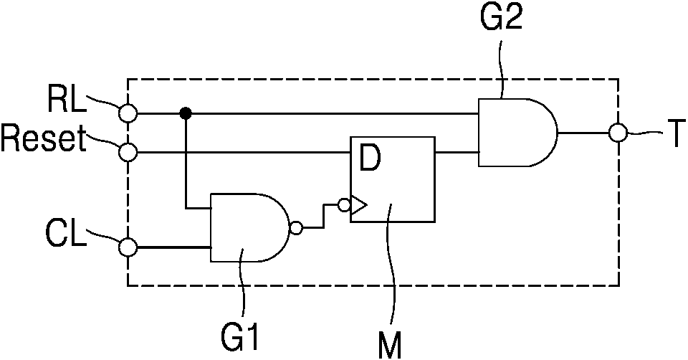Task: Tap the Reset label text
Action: (43, 139)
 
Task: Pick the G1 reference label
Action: (239, 336)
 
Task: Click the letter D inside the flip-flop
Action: (371, 159)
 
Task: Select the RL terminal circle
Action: (128, 114)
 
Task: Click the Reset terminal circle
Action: (128, 153)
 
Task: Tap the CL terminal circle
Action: (128, 247)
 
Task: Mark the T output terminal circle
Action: (618, 132)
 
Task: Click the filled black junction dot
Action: (186, 114)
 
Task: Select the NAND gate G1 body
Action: (249, 227)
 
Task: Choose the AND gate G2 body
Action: (517, 132)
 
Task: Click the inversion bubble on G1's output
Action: (296, 228)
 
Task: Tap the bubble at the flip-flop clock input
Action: (344, 204)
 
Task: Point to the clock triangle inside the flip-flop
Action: (358, 205)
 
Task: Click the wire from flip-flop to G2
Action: (457, 153)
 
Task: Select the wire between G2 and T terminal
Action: (583, 132)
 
